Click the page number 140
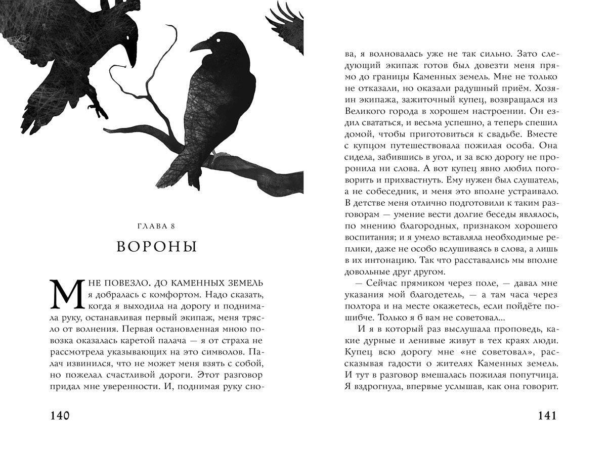(60, 416)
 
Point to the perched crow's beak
(199, 47)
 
